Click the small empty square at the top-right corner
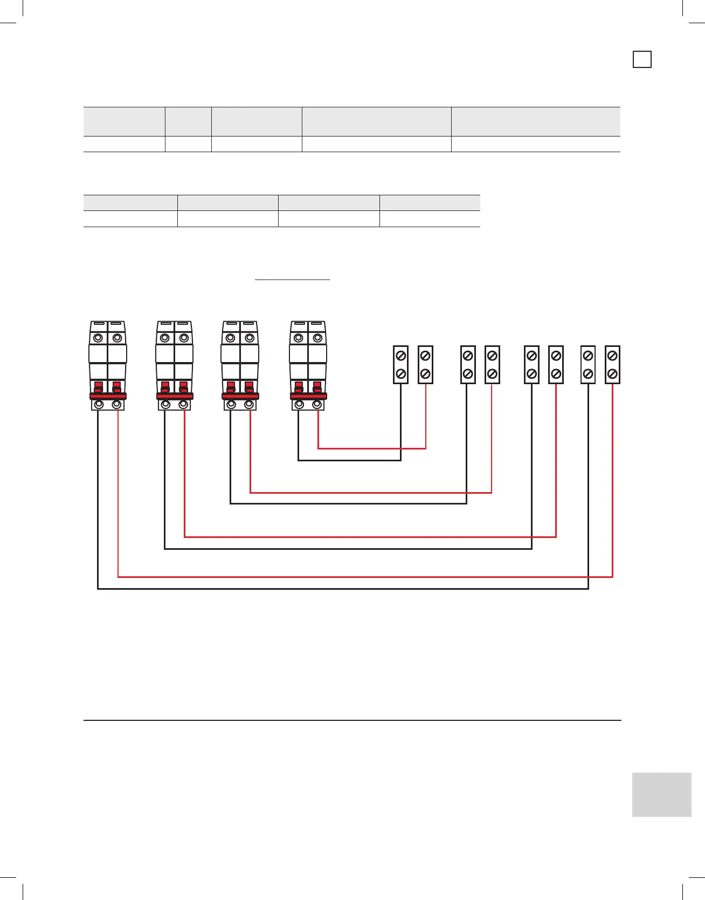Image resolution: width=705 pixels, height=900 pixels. click(641, 59)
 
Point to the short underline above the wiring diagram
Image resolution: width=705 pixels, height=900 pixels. click(292, 280)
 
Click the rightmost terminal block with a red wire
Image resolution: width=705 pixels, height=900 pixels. click(612, 365)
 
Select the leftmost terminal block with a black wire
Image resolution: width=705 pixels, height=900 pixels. click(400, 365)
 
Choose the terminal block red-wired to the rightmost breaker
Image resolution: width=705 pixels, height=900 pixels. click(425, 365)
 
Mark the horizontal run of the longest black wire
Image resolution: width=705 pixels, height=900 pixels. click(343, 589)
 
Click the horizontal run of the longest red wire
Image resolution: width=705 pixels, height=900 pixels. click(365, 577)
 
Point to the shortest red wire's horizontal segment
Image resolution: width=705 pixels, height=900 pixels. click(372, 448)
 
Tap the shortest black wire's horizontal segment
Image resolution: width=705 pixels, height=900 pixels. click(349, 460)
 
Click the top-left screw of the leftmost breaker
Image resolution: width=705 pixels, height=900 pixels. click(98, 338)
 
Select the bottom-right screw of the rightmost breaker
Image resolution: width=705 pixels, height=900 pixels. click(317, 404)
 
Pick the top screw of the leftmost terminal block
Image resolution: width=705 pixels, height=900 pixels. click(400, 356)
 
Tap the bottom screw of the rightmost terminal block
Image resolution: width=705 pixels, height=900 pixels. click(612, 373)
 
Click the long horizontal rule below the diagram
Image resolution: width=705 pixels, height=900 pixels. click(352, 720)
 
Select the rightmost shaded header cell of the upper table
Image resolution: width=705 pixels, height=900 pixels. click(535, 121)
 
